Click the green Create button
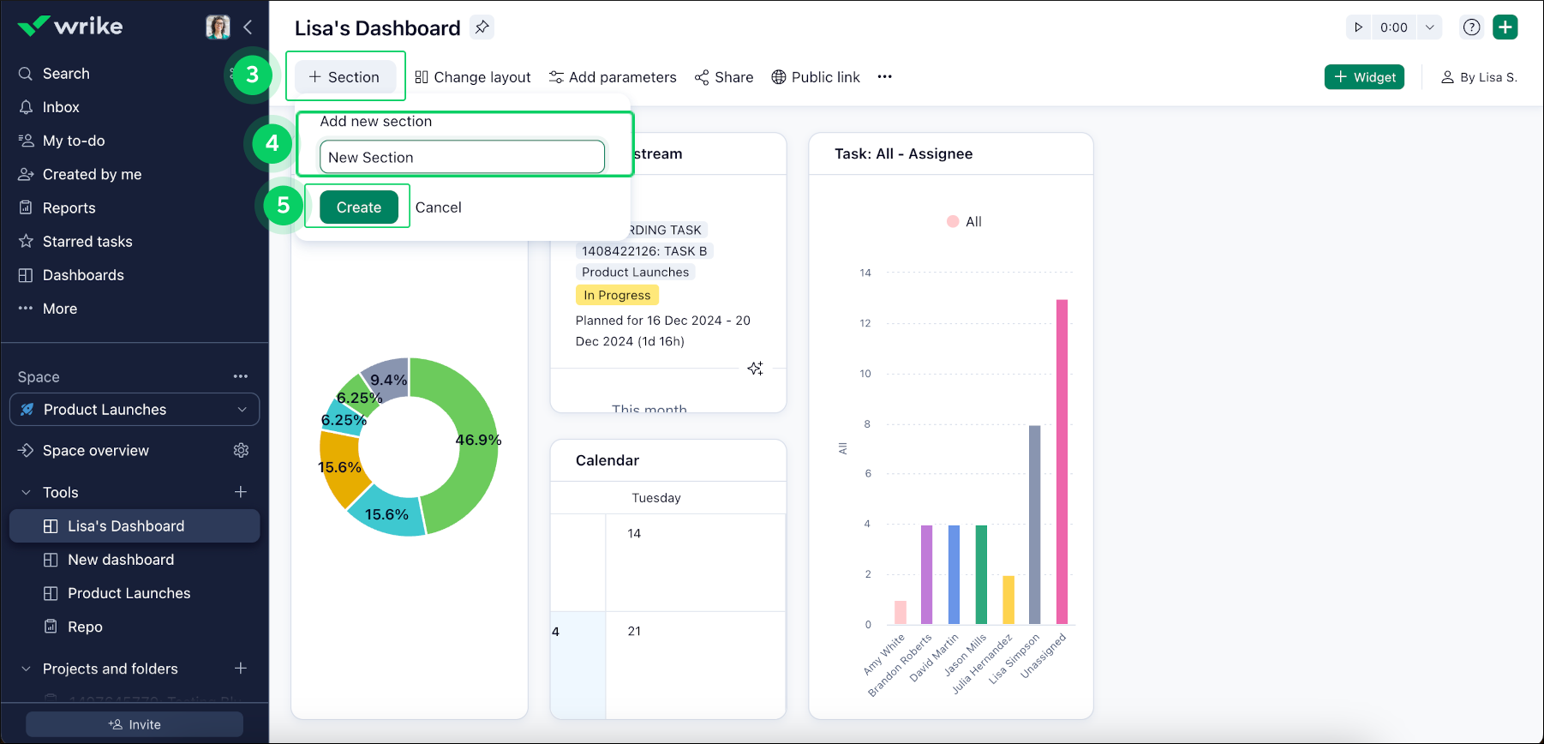pos(358,207)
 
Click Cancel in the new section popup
pos(438,207)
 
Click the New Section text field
pos(462,158)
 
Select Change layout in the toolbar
pos(473,77)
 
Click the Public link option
pos(816,77)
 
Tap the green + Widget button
pos(1364,77)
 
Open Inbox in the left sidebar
pos(61,107)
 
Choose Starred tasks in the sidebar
pos(87,242)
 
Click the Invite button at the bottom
pos(135,724)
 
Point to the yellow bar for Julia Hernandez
pos(1008,600)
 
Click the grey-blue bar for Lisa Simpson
pos(1034,525)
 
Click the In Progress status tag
pos(617,296)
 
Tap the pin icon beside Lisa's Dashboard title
pos(482,27)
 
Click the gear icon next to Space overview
pos(241,451)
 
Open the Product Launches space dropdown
pos(135,410)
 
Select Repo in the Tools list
pos(85,627)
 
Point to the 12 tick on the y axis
pos(865,323)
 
